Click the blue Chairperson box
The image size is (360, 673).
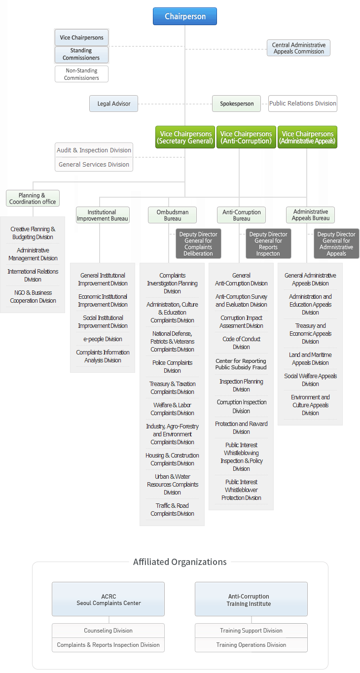click(x=185, y=16)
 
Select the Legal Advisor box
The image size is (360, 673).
click(x=113, y=104)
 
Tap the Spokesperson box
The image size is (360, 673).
click(x=237, y=104)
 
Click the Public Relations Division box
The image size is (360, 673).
click(x=303, y=104)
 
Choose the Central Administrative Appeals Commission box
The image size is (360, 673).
click(x=299, y=48)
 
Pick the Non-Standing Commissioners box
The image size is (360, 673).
click(x=81, y=74)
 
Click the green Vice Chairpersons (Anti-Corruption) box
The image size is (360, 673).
click(x=246, y=137)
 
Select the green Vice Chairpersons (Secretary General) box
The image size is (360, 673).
click(x=185, y=137)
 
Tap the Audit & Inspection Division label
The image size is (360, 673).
click(x=94, y=150)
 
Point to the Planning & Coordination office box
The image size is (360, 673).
click(x=33, y=198)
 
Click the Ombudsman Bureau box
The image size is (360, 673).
click(x=172, y=215)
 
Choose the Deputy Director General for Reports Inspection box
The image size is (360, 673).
click(x=268, y=244)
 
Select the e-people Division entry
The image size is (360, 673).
click(x=103, y=339)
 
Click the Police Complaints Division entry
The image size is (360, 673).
click(x=172, y=366)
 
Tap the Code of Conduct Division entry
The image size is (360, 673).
click(x=241, y=343)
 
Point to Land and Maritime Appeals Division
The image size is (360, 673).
click(x=310, y=359)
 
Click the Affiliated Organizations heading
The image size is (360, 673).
click(x=180, y=562)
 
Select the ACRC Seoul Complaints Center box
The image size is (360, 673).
click(x=108, y=599)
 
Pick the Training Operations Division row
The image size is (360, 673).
click(x=251, y=645)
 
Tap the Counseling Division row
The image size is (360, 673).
click(x=108, y=631)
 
